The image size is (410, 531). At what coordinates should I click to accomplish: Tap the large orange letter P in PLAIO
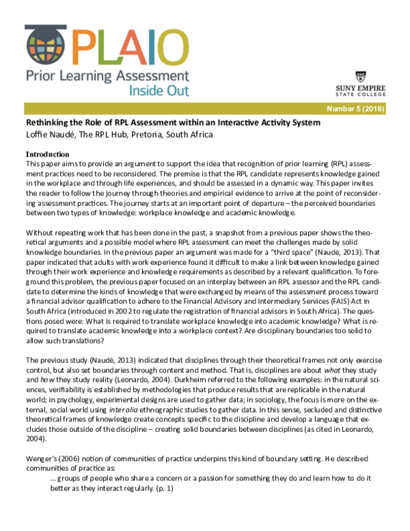[83, 44]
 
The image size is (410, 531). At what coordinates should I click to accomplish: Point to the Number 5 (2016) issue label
[356, 109]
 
